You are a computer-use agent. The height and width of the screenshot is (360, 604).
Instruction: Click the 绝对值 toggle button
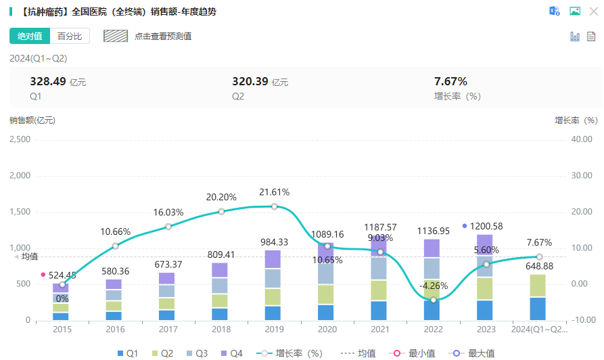pyautogui.click(x=30, y=36)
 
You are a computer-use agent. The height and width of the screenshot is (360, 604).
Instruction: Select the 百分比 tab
pyautogui.click(x=70, y=36)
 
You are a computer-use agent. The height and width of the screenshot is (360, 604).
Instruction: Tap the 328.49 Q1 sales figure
pyautogui.click(x=48, y=81)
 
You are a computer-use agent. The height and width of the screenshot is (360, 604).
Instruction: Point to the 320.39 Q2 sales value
pyautogui.click(x=250, y=81)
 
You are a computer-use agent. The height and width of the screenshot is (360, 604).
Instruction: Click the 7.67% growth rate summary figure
pyautogui.click(x=450, y=81)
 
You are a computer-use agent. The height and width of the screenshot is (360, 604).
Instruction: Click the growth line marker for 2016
pyautogui.click(x=115, y=246)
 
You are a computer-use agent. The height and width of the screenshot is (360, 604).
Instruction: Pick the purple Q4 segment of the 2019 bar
pyautogui.click(x=273, y=259)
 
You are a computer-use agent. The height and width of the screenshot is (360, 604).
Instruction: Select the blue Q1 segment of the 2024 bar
pyautogui.click(x=538, y=308)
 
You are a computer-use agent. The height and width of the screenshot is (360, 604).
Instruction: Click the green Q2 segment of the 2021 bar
pyautogui.click(x=379, y=290)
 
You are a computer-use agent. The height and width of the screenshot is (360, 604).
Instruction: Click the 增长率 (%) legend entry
pyautogui.click(x=290, y=353)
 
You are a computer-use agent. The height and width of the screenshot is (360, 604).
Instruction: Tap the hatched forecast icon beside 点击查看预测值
pyautogui.click(x=116, y=36)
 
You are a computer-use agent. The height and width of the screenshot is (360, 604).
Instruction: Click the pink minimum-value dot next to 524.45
pyautogui.click(x=43, y=275)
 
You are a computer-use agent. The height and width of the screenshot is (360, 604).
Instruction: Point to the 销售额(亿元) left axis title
pyautogui.click(x=32, y=120)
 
